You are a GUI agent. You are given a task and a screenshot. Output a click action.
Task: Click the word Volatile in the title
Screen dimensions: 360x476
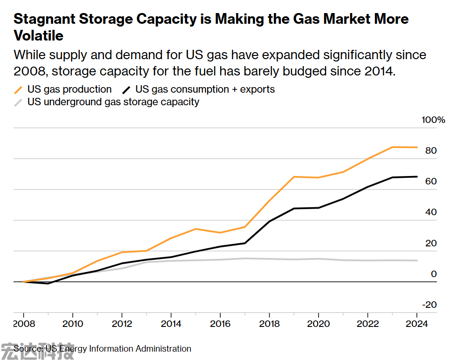coord(39,35)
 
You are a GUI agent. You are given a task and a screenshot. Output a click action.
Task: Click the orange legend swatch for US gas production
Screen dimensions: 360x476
coord(19,89)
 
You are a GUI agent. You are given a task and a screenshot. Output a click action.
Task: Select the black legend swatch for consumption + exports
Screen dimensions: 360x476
coord(127,89)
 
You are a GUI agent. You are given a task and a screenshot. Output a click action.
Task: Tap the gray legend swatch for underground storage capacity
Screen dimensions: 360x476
coord(19,102)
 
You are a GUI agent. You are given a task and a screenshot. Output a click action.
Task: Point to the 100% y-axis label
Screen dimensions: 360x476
coord(433,120)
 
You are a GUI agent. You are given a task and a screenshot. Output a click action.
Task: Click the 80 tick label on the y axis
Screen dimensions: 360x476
coord(431,151)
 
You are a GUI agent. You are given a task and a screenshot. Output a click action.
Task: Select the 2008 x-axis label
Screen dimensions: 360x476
coord(23,324)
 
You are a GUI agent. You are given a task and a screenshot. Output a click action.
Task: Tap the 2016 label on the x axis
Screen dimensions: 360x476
coord(220,324)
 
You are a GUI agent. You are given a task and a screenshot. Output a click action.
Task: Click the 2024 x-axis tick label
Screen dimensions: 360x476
coord(417,324)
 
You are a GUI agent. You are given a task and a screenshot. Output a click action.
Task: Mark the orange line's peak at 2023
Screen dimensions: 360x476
coord(392,147)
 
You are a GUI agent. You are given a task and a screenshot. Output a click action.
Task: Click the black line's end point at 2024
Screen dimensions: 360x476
coord(417,177)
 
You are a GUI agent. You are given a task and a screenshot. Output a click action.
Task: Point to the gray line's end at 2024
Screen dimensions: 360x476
coord(417,260)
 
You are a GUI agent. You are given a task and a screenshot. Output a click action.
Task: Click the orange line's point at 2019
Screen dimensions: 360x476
coord(294,177)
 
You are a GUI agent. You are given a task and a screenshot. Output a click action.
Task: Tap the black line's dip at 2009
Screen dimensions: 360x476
coord(48,283)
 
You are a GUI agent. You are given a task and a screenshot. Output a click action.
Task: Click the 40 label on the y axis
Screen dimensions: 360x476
coord(431,212)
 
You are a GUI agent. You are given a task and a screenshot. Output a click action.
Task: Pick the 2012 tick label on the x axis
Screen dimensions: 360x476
coord(122,324)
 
